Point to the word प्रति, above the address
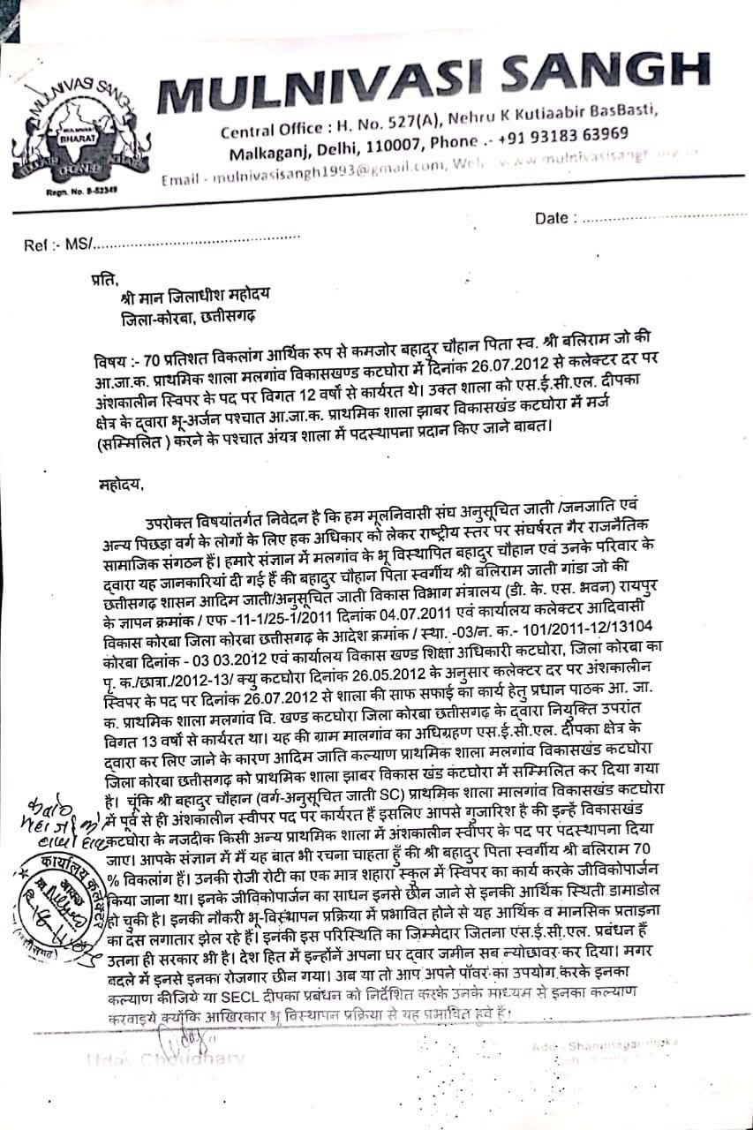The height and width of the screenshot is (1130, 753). [x=104, y=282]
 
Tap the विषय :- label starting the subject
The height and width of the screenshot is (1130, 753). [x=118, y=363]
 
